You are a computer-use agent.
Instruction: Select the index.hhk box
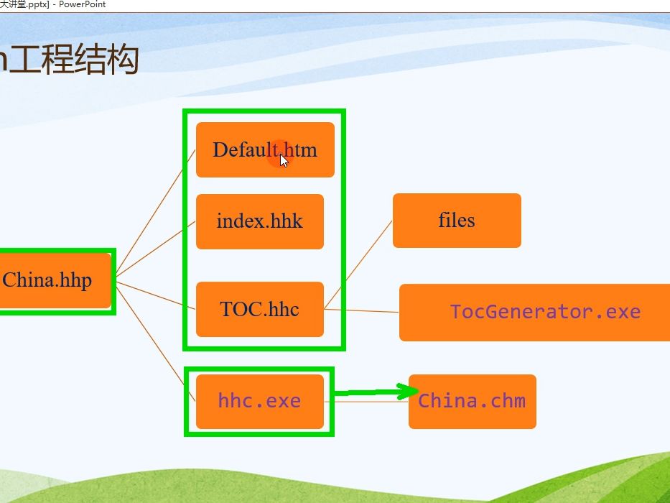(x=259, y=221)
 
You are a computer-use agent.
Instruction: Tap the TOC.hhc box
(x=259, y=310)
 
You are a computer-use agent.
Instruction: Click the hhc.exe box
(x=259, y=401)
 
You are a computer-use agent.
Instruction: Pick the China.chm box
(x=472, y=401)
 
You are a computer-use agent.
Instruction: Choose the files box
(x=457, y=221)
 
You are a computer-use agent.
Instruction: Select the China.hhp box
(x=50, y=280)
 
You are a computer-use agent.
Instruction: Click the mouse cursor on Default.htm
(x=284, y=161)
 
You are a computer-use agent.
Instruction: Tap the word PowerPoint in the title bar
(x=82, y=4)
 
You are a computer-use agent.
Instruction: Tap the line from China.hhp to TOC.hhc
(x=154, y=295)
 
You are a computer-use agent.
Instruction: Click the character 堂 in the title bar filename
(x=22, y=4)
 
